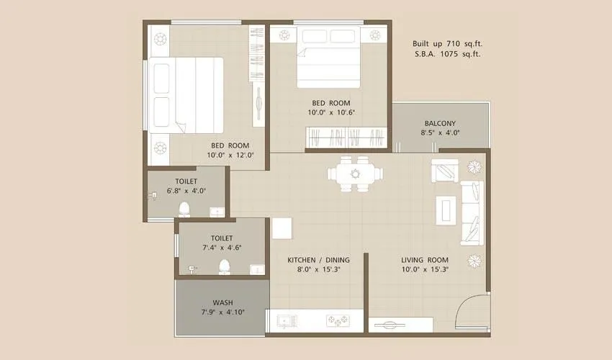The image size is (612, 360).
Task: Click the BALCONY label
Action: tap(440, 122)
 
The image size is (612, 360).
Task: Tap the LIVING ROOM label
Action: tap(424, 260)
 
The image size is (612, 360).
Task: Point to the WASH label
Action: tap(222, 302)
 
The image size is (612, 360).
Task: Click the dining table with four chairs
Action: tap(354, 174)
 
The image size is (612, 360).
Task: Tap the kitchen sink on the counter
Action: tap(285, 320)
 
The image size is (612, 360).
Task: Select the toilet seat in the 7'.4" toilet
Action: tap(223, 267)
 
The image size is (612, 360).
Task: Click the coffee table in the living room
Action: tap(446, 208)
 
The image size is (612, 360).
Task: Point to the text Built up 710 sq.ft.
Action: tap(446, 43)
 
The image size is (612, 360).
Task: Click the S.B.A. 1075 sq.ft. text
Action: tap(447, 54)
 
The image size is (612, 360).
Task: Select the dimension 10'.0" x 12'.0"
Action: tap(230, 155)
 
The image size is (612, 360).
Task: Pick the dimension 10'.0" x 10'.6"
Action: tap(332, 112)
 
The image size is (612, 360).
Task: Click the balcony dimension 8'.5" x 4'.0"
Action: tap(440, 132)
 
